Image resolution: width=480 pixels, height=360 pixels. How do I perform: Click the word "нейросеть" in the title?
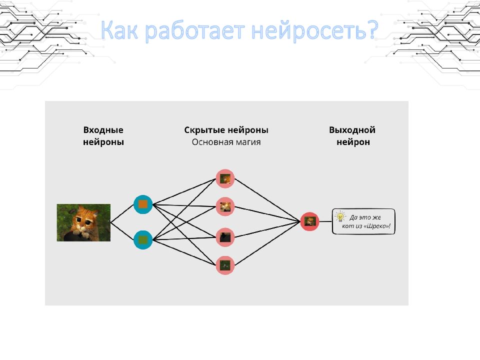pyautogui.click(x=308, y=30)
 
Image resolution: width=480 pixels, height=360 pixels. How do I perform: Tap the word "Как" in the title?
pyautogui.click(x=119, y=30)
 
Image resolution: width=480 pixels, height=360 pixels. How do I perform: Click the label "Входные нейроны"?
pyautogui.click(x=103, y=136)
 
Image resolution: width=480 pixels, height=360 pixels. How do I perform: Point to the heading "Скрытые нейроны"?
pyautogui.click(x=226, y=130)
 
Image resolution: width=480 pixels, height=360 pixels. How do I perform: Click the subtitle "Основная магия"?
pyautogui.click(x=226, y=142)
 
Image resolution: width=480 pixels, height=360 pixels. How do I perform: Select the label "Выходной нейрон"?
pyautogui.click(x=352, y=136)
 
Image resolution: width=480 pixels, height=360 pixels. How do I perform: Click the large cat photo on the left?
pyautogui.click(x=83, y=222)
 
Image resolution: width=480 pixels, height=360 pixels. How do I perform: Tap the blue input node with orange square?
pyautogui.click(x=143, y=204)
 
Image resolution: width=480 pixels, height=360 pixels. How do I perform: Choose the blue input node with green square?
pyautogui.click(x=143, y=239)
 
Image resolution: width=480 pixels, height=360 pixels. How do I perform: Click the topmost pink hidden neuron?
pyautogui.click(x=225, y=178)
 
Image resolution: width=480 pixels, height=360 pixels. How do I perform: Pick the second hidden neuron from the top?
pyautogui.click(x=225, y=206)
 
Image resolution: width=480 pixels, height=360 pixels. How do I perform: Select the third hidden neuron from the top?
pyautogui.click(x=225, y=237)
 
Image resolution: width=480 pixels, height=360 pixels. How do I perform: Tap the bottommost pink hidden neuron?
pyautogui.click(x=225, y=265)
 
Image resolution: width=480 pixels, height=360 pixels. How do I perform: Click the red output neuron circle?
pyautogui.click(x=310, y=221)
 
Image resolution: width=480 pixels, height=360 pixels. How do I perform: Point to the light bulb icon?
pyautogui.click(x=340, y=216)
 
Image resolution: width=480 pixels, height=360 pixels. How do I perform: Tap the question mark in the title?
pyautogui.click(x=372, y=30)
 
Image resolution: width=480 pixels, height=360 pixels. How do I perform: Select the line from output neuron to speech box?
pyautogui.click(x=325, y=221)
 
